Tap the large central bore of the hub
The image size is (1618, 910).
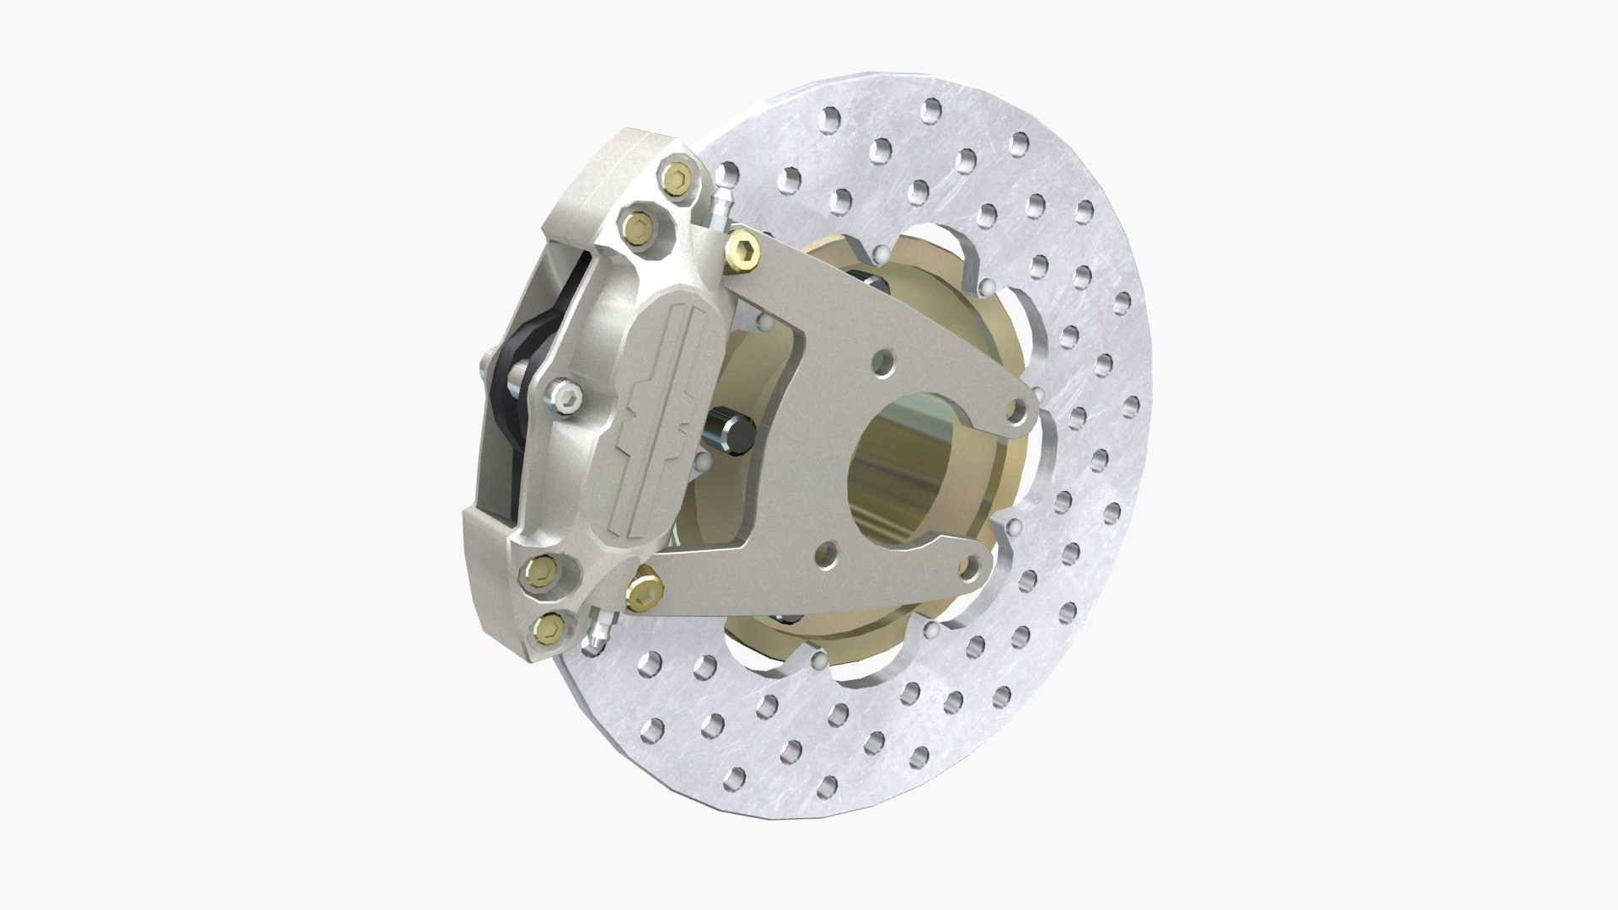906,472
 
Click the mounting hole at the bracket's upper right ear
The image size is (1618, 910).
1017,410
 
